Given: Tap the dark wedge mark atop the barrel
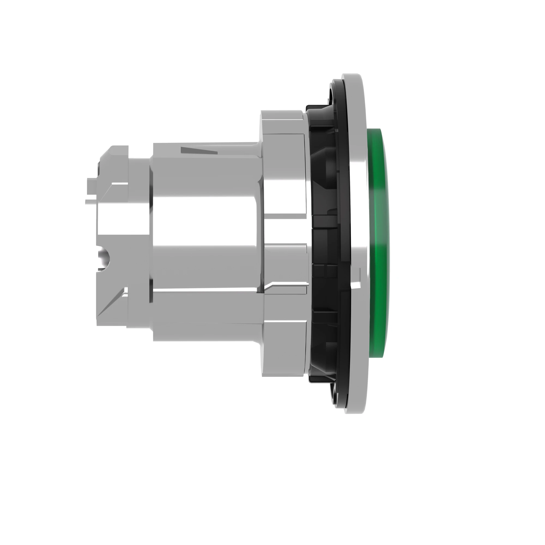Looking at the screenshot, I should (199, 150).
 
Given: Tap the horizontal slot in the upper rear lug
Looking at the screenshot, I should (120, 183).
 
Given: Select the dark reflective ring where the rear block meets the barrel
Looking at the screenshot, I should (151, 226).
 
